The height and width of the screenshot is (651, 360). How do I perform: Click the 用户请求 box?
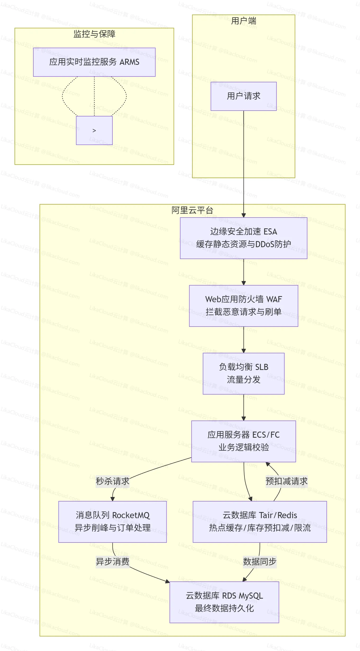[243, 96]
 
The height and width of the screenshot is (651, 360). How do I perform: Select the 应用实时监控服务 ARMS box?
[94, 62]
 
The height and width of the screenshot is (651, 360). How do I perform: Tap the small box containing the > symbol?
[94, 130]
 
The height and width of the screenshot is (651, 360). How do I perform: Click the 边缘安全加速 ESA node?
[243, 238]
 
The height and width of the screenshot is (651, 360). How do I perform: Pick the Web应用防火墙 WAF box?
[243, 306]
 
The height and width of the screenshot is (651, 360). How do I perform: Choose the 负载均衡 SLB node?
[243, 373]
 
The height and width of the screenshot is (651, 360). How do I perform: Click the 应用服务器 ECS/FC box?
[243, 441]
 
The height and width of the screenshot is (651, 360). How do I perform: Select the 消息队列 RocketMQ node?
[112, 522]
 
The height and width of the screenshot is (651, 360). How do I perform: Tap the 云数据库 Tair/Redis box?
[259, 522]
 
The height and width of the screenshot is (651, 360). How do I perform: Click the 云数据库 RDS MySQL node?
[224, 602]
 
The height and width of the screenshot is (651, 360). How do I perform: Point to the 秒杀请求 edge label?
[112, 481]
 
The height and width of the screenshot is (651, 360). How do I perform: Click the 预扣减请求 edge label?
[286, 481]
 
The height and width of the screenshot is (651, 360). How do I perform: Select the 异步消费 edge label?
[112, 562]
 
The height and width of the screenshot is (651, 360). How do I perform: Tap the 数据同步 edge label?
[259, 562]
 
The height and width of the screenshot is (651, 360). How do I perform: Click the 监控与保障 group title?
[94, 34]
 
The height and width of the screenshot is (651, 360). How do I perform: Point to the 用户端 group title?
[243, 21]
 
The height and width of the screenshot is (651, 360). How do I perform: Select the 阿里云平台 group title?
[192, 210]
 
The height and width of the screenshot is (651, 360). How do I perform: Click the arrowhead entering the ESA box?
[244, 215]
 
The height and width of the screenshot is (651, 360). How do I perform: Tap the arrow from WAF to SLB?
[244, 340]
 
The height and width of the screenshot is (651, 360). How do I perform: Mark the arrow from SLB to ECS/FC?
[244, 408]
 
